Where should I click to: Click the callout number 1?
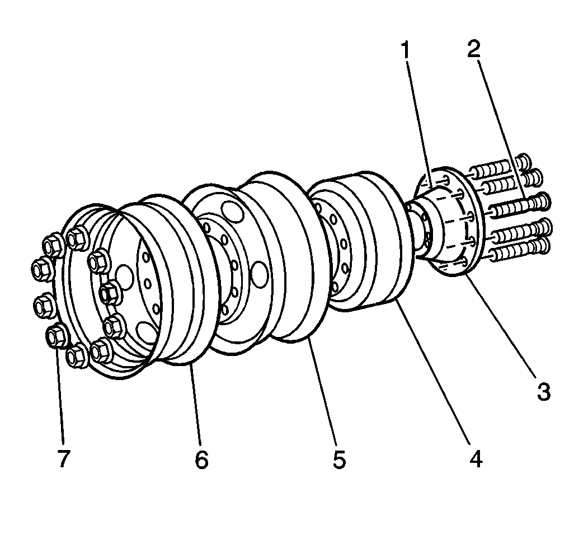405,50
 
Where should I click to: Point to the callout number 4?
474,459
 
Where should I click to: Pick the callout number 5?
338,459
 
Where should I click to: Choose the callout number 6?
201,459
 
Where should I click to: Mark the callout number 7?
63,459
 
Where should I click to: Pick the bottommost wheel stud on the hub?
518,250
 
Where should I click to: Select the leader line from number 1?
417,118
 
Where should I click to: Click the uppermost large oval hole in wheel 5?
231,213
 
